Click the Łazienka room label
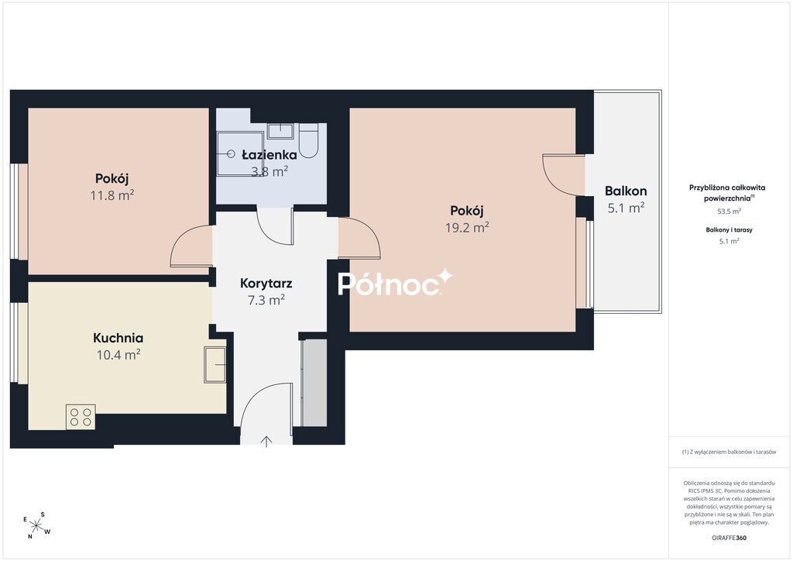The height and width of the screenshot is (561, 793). (269, 154)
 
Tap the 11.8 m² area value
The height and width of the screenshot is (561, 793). (112, 195)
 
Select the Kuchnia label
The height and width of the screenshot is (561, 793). (118, 337)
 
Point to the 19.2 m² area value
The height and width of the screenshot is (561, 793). (467, 228)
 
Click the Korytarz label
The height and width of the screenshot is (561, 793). (266, 284)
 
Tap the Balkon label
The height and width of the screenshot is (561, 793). (626, 191)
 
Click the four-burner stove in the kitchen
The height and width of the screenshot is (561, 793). (81, 417)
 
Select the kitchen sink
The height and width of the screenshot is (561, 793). (215, 364)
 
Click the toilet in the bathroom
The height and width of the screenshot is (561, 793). (308, 140)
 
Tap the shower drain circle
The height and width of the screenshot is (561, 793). (231, 153)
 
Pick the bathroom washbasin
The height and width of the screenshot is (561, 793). (280, 130)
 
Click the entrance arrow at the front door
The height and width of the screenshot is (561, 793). (266, 442)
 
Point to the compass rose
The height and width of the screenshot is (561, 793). (36, 525)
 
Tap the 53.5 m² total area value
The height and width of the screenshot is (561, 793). (729, 212)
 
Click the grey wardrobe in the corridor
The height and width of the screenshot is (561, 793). (314, 383)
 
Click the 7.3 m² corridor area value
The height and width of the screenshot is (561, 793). (266, 300)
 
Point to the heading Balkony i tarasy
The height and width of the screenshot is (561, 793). (729, 229)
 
